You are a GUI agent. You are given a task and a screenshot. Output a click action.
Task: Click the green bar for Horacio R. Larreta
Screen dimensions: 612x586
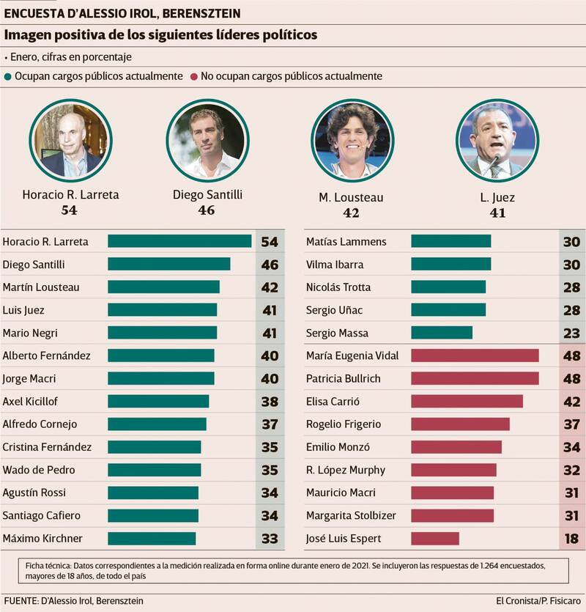(x=179, y=241)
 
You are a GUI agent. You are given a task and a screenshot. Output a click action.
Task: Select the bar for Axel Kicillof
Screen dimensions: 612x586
(x=158, y=401)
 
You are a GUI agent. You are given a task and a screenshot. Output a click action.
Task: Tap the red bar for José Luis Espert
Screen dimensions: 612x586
(x=435, y=539)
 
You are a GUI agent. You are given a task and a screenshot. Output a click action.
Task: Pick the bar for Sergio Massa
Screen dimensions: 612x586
(x=442, y=333)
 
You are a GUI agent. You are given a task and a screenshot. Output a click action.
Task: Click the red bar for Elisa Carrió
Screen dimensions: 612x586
(x=467, y=401)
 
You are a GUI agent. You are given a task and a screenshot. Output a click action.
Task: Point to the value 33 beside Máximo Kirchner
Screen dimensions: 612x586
(x=270, y=539)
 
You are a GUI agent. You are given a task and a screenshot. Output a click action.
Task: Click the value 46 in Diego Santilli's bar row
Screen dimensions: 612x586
(x=270, y=265)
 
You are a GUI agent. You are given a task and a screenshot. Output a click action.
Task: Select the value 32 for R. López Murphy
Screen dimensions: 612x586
(x=571, y=470)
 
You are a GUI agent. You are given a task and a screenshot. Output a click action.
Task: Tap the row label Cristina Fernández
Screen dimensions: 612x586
(x=47, y=447)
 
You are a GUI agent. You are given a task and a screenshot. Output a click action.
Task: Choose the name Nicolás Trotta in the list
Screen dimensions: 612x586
(x=338, y=287)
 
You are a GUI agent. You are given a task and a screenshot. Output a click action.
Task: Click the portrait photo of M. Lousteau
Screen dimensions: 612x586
(x=352, y=140)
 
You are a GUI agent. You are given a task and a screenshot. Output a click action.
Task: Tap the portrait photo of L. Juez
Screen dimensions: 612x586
(x=497, y=140)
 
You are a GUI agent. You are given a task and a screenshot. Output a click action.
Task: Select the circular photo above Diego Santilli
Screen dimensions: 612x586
(x=207, y=140)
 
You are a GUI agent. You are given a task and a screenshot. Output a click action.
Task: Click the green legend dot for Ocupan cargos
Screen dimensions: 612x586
(x=8, y=76)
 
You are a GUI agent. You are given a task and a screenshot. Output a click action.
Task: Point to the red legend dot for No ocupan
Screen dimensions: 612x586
(x=193, y=76)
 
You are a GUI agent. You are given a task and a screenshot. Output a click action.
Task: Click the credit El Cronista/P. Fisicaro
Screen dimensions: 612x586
(x=538, y=601)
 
